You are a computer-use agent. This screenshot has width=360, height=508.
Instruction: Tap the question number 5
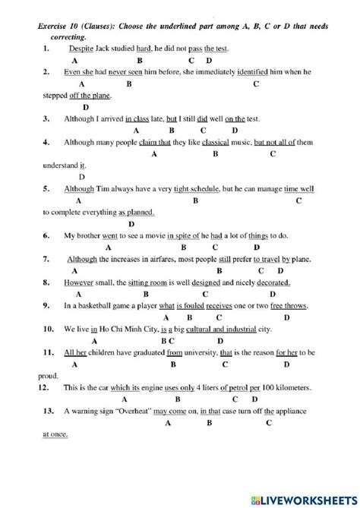click(46, 189)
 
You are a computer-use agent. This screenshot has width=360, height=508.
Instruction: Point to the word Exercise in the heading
click(55, 25)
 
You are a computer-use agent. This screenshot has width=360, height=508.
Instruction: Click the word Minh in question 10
click(145, 330)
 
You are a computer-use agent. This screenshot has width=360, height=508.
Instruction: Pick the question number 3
click(46, 119)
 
